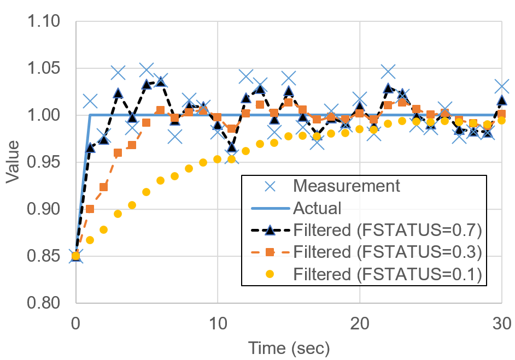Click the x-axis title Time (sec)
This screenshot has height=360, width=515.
[x=289, y=348]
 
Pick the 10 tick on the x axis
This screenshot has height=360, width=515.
[x=218, y=323]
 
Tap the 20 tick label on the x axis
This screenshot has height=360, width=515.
[x=360, y=323]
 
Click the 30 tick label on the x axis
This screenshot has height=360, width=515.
[x=501, y=323]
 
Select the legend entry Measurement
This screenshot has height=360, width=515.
[x=347, y=186]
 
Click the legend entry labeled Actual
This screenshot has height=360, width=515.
[x=317, y=208]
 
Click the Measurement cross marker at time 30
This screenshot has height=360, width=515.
[x=502, y=87]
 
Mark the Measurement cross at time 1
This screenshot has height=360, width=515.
[x=90, y=101]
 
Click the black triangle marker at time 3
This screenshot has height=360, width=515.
[x=119, y=93]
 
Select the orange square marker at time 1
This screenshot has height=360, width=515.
[x=90, y=209]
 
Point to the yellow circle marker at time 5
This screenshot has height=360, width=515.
[x=147, y=192]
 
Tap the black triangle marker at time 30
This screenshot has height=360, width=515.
[x=502, y=101]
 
